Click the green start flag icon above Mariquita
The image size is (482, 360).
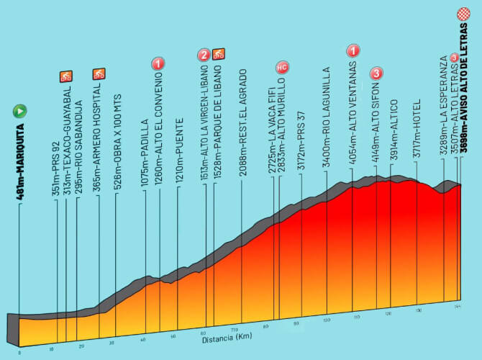[x=19, y=112]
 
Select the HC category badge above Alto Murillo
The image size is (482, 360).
[x=282, y=68]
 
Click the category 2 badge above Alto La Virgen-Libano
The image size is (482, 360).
[x=204, y=54]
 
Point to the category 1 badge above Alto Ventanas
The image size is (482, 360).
[x=353, y=50]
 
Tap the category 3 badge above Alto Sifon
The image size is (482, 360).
[x=377, y=73]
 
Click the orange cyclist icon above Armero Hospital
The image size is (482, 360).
[x=99, y=73]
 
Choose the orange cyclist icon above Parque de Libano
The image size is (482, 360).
[x=219, y=54]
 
